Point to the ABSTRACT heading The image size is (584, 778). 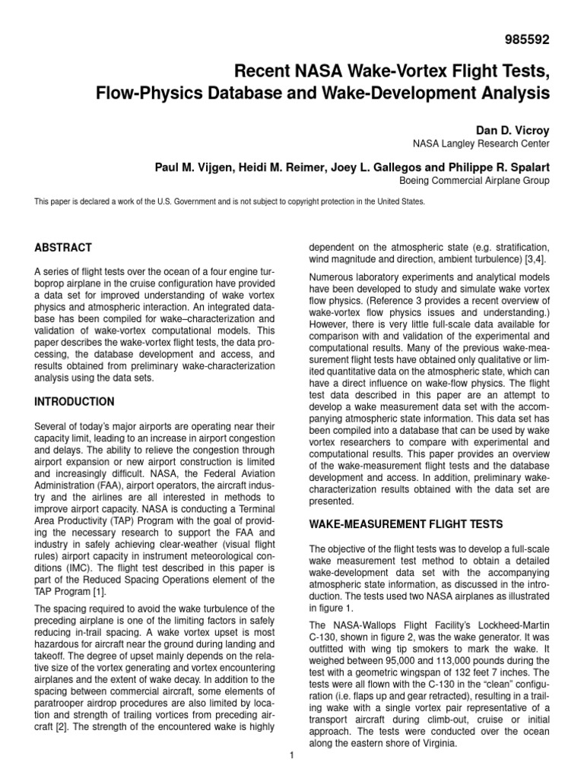[x=64, y=248]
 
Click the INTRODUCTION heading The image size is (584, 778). [x=75, y=401]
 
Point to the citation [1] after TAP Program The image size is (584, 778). [x=101, y=592]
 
